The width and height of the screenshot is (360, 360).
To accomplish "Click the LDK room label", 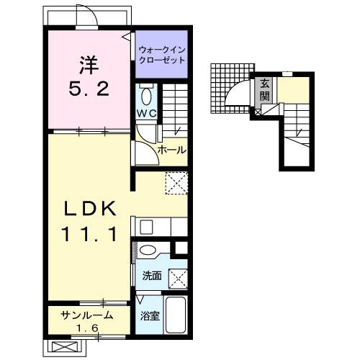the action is pos(90,208).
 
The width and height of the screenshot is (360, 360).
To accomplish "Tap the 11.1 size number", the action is pos(90,234).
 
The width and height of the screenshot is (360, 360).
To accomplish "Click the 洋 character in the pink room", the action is pos(89,65).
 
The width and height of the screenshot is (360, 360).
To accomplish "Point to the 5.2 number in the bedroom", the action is pos(89,89).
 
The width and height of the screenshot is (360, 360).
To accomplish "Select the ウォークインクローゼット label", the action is pos(162,55).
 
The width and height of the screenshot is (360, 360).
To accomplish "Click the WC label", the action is pos(146,113).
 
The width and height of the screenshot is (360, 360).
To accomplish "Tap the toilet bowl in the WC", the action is pos(146,96).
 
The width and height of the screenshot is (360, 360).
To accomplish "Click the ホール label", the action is pos(171,150).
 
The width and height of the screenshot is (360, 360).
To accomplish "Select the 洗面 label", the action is pos(152,276).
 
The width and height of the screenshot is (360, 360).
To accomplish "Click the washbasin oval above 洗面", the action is pos(147,251).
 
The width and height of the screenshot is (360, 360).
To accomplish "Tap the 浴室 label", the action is pos(150,316).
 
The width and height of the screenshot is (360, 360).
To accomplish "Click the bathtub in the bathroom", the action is pos(176,315).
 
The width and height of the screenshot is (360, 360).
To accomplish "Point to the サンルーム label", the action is pos(87,315).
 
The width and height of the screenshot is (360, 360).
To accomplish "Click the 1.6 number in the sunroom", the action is pos(87,328).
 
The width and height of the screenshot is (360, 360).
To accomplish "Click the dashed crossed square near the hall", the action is pos(176,183).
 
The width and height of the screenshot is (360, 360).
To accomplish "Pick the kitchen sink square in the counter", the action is pos(146,227).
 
